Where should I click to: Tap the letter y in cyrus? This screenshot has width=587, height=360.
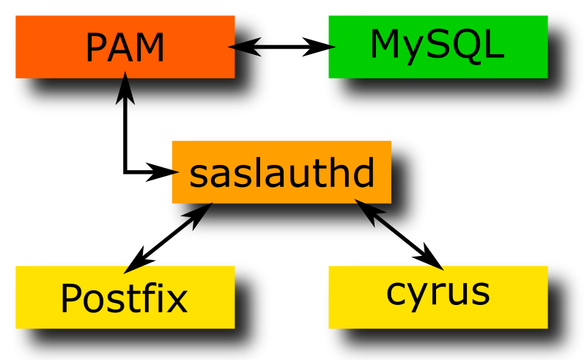pyautogui.click(x=415, y=295)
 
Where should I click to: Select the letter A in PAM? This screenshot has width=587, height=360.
pyautogui.click(x=124, y=48)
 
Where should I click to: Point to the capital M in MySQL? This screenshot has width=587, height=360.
pyautogui.click(x=387, y=45)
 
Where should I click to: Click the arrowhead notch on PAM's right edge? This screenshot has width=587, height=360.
pyautogui.click(x=231, y=46)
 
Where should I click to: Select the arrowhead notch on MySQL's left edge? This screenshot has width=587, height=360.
pyautogui.click(x=331, y=47)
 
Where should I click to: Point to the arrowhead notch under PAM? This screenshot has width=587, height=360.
pyautogui.click(x=125, y=75)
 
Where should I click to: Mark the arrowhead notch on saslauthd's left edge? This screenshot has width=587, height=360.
pyautogui.click(x=175, y=172)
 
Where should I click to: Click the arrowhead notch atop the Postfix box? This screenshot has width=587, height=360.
pyautogui.click(x=135, y=268)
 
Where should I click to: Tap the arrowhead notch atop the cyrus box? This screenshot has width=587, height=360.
pyautogui.click(x=437, y=268)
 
